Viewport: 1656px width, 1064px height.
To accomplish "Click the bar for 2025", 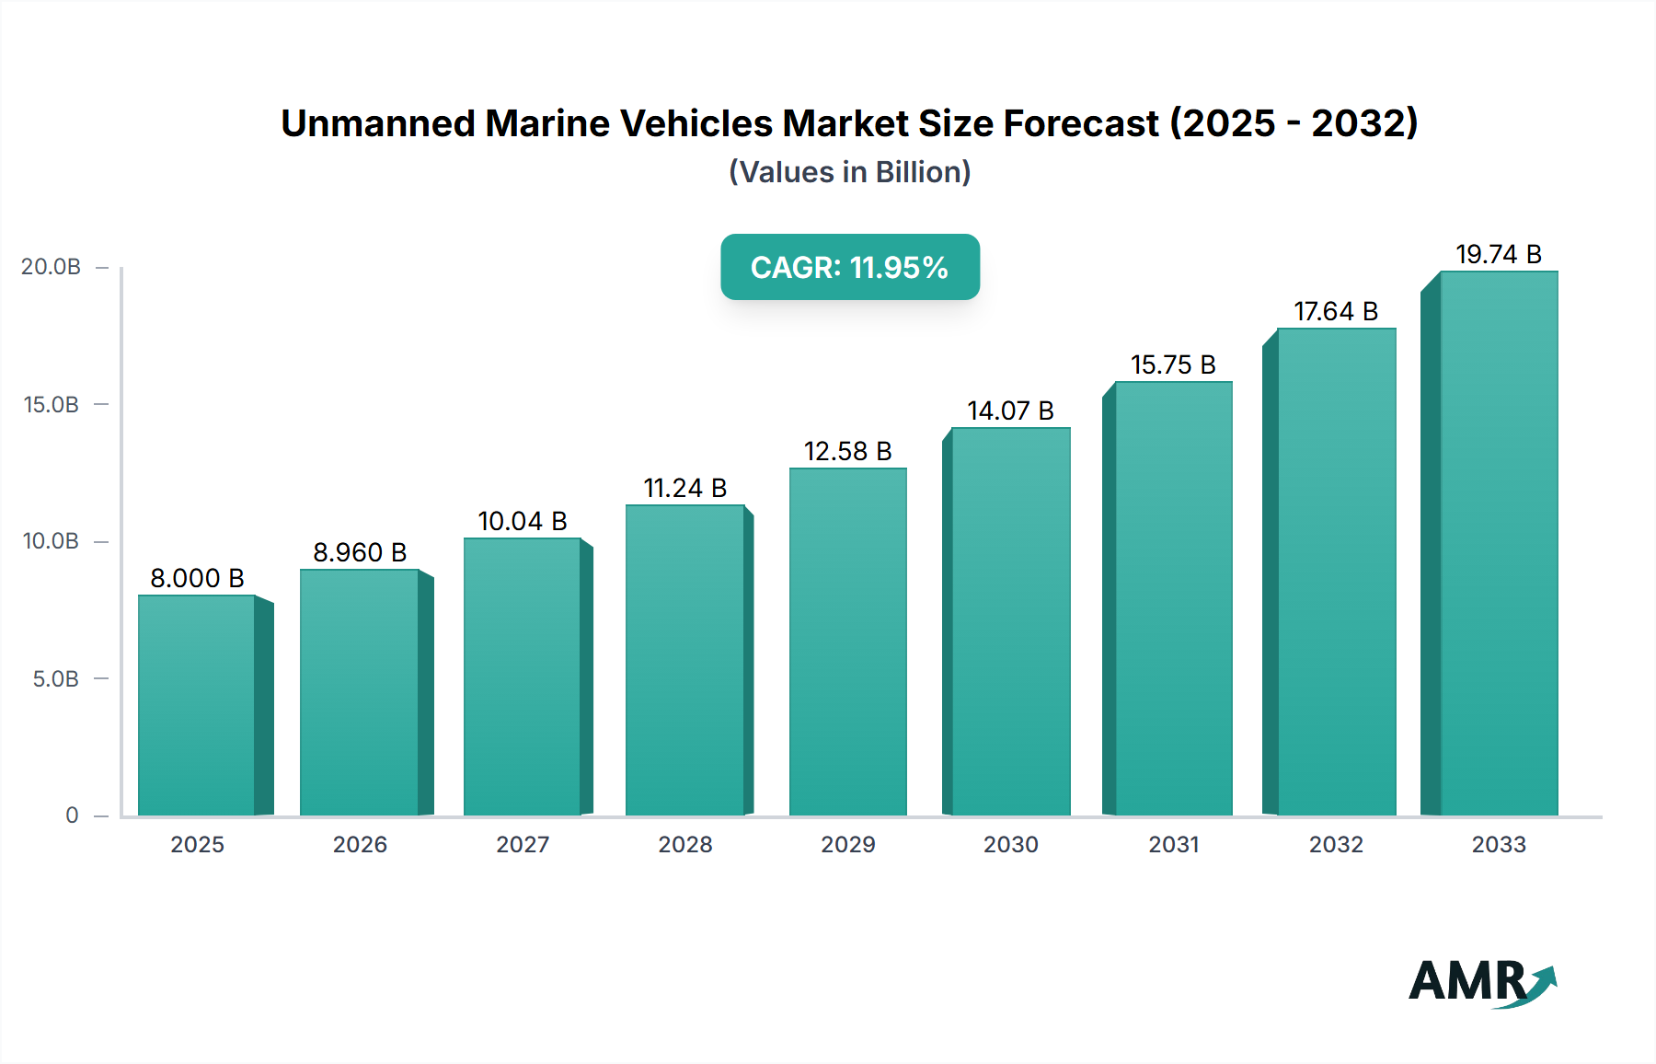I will [197, 705].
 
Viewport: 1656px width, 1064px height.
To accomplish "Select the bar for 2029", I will [847, 642].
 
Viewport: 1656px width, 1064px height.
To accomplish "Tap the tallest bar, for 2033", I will [1499, 543].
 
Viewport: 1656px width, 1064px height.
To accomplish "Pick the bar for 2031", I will [1173, 598].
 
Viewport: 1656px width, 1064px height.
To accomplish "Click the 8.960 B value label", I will [360, 552].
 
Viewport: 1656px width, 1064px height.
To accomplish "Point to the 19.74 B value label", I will [1499, 254].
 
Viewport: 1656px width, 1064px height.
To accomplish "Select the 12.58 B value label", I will [847, 451].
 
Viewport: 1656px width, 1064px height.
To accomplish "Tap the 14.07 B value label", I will [1010, 411].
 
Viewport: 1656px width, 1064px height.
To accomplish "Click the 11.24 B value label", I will [684, 488].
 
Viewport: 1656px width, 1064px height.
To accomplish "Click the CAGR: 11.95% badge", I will [849, 267].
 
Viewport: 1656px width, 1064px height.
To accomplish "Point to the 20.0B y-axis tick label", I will [51, 267].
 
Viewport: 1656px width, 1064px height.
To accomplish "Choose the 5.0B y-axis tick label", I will [55, 679].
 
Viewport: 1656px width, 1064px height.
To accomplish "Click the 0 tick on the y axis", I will [72, 815].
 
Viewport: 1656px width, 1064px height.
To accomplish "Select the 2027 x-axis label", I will [523, 844].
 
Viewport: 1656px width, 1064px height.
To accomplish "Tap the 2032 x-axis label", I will [1336, 844].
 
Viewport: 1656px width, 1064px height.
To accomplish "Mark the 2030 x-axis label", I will [1010, 844].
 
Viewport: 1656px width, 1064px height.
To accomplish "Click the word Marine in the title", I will [547, 123].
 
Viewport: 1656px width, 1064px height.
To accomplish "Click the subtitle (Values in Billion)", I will [849, 172].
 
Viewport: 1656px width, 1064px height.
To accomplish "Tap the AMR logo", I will [1481, 981].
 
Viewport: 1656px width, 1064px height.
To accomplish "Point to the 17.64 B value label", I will [1336, 311].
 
